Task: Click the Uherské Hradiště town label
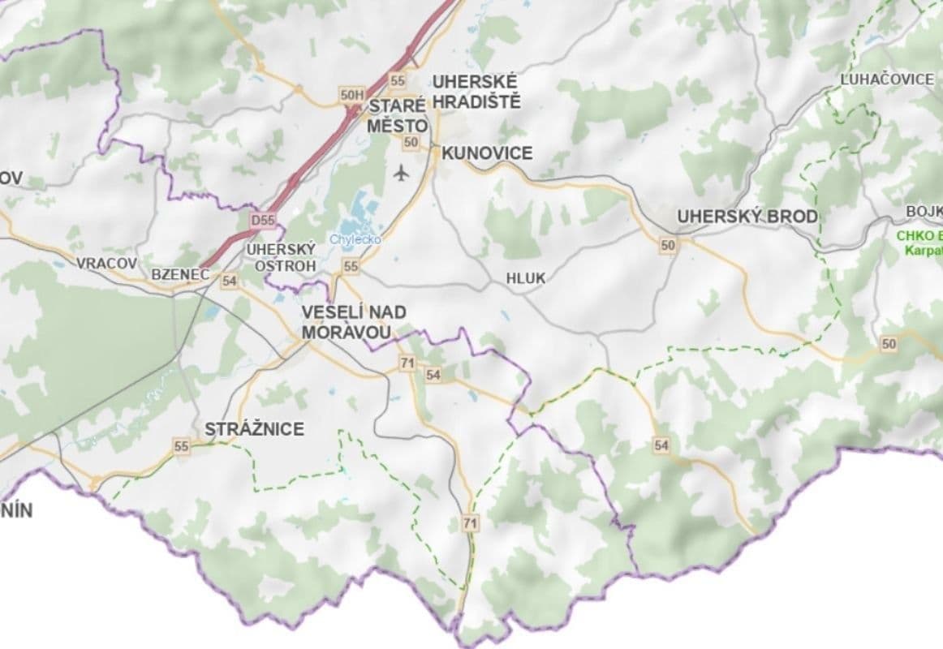[x=476, y=92]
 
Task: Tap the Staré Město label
[x=397, y=116]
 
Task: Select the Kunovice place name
[x=487, y=153]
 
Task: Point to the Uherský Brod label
[x=747, y=217]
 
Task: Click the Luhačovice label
[x=887, y=80]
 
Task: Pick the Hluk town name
[x=525, y=278]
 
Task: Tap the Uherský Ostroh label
[x=279, y=257]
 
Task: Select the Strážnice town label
[x=254, y=429]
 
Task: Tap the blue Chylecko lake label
[x=355, y=240]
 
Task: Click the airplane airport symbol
[x=401, y=173]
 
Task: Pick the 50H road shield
[x=352, y=96]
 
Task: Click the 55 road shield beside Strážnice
[x=181, y=446]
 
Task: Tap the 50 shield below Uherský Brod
[x=668, y=245]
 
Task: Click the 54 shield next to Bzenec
[x=229, y=281]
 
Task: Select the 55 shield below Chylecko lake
[x=351, y=266]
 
